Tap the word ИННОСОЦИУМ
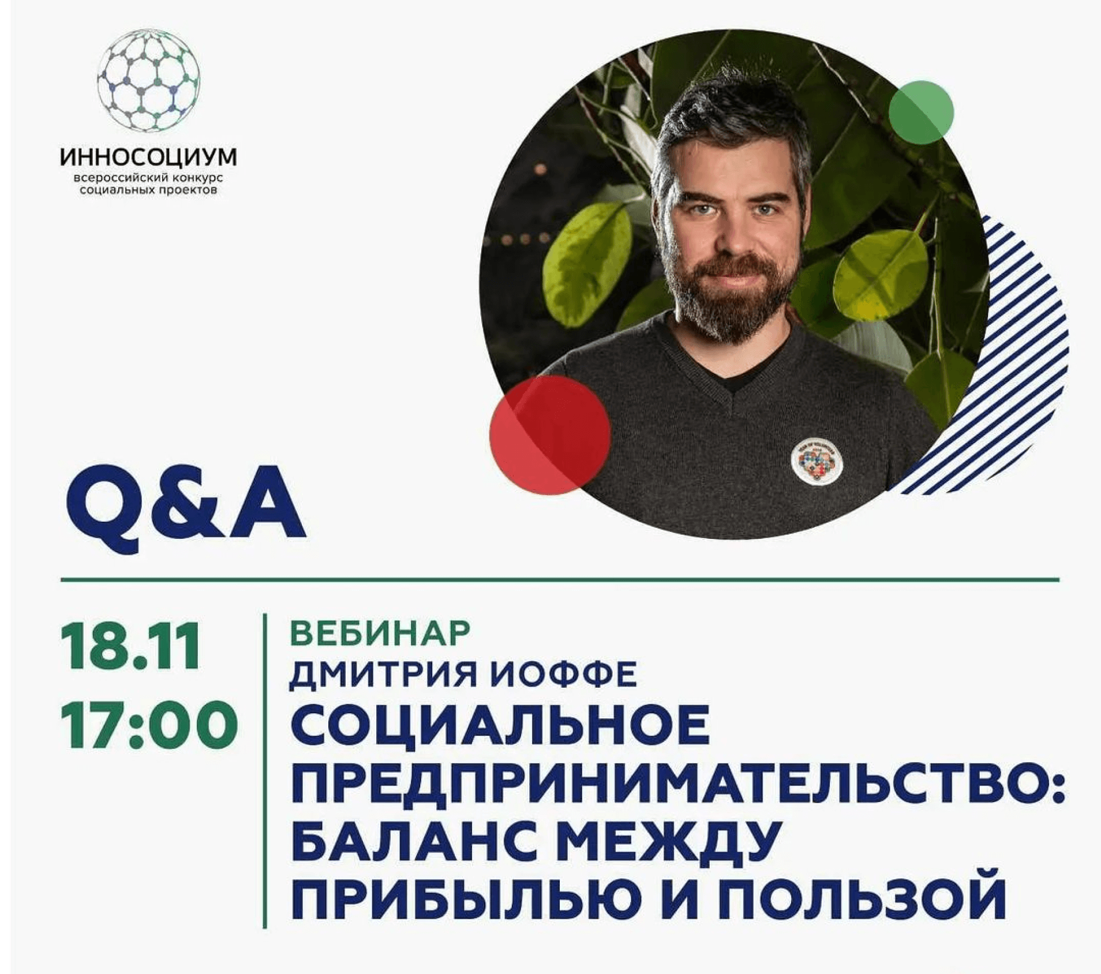coord(148,157)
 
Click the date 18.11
coord(131,646)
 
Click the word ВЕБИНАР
coord(380,632)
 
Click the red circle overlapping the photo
coord(549,434)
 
